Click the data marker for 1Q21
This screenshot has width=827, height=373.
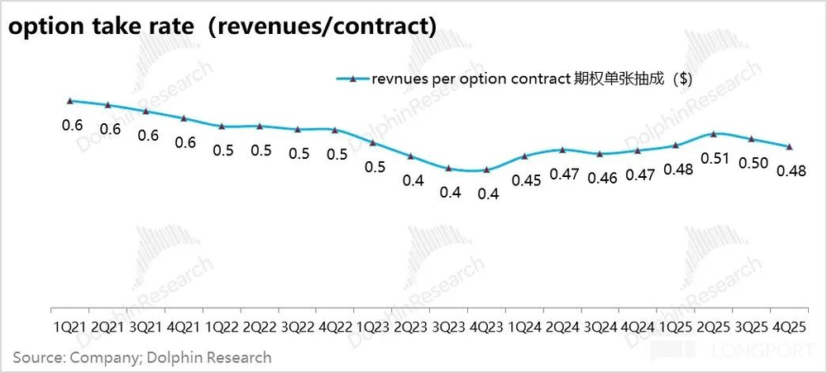pos(71,100)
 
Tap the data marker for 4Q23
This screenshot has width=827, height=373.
pos(487,170)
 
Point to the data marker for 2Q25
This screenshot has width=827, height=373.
pos(714,133)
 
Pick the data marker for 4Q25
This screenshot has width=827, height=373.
pos(789,146)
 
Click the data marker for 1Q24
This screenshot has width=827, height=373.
pos(525,155)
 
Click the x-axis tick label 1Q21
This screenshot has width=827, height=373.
pos(70,328)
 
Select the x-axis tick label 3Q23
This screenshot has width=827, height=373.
pos(449,328)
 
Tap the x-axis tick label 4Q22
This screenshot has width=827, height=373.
pos(335,328)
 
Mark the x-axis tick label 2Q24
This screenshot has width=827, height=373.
pos(562,328)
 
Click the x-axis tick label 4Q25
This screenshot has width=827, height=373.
pos(790,328)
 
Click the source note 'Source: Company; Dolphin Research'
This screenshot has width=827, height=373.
pos(141,357)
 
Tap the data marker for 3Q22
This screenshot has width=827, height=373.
pos(298,130)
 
